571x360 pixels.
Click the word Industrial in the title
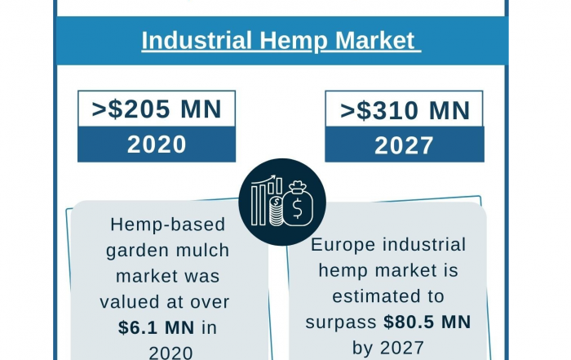pyautogui.click(x=197, y=40)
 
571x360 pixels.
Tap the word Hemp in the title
pyautogui.click(x=294, y=42)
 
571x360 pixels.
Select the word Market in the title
pyautogui.click(x=374, y=40)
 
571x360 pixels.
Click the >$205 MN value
pyautogui.click(x=157, y=109)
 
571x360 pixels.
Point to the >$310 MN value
pyautogui.click(x=405, y=110)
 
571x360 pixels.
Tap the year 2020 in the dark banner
pyautogui.click(x=157, y=144)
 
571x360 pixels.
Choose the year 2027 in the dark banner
pyautogui.click(x=404, y=145)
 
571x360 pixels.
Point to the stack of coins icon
pyautogui.click(x=277, y=211)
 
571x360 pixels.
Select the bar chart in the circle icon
pyautogui.click(x=266, y=200)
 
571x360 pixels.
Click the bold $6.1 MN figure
pyautogui.click(x=157, y=327)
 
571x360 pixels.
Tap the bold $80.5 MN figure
pyautogui.click(x=427, y=322)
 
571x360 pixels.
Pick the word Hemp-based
pyautogui.click(x=168, y=224)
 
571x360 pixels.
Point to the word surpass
pyautogui.click(x=341, y=323)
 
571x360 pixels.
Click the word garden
pyautogui.click(x=137, y=251)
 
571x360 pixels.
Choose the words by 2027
pyautogui.click(x=388, y=348)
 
